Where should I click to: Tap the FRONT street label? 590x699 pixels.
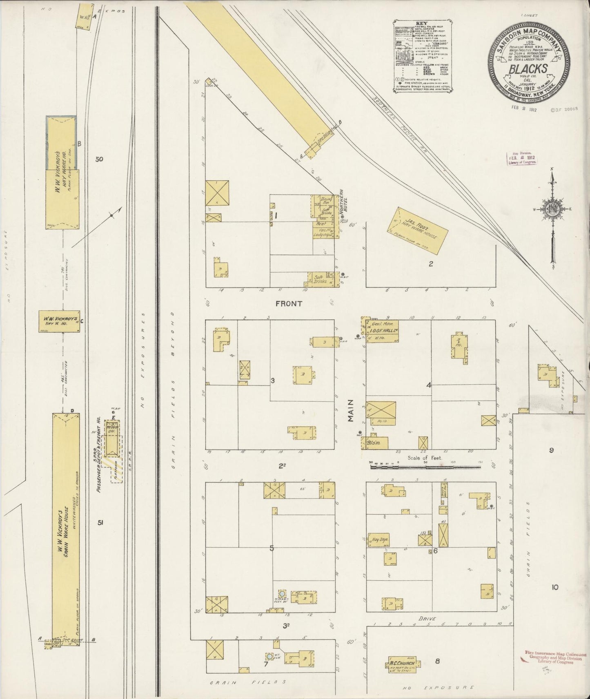(288, 303)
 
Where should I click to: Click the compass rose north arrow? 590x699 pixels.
(552, 175)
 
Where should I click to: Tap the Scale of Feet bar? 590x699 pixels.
(425, 466)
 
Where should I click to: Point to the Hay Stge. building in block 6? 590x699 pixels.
(378, 540)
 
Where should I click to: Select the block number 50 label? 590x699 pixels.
(99, 159)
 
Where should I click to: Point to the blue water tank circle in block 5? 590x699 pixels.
(282, 593)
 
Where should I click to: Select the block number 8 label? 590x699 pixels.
(437, 661)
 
